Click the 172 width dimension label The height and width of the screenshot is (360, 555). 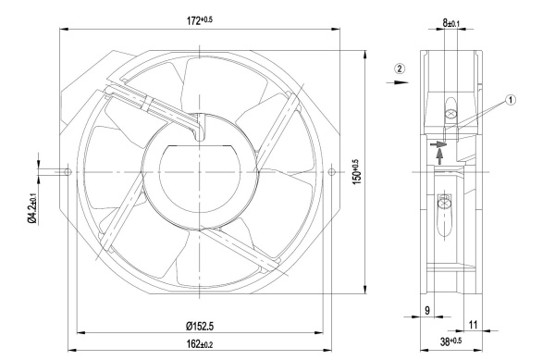tap(200, 20)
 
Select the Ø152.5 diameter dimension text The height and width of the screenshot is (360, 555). tap(200, 326)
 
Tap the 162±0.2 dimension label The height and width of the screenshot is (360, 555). tap(200, 343)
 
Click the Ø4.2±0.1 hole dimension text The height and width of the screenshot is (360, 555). tap(31, 209)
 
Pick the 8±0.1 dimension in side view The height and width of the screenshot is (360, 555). tap(450, 23)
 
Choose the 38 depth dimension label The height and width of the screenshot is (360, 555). tap(450, 341)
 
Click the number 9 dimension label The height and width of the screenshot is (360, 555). tap(427, 310)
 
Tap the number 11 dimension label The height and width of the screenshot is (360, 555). tap(474, 325)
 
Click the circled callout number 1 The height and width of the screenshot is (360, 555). tap(510, 100)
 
